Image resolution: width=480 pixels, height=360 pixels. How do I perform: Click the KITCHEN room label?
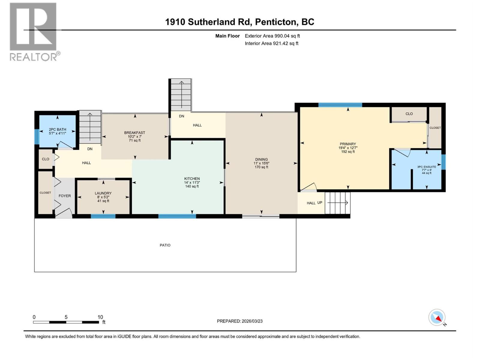tap(192, 179)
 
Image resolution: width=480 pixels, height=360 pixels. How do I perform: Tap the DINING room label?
tap(261, 160)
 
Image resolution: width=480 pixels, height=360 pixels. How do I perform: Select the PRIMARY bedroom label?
tap(348, 144)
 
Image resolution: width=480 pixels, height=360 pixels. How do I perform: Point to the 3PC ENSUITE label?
tap(427, 167)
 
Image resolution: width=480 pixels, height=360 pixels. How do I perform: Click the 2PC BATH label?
tap(57, 130)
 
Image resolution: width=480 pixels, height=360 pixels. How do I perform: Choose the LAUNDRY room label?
tap(103, 193)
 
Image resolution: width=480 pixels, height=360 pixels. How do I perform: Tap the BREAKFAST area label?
tap(135, 133)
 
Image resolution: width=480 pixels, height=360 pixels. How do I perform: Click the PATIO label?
tap(165, 245)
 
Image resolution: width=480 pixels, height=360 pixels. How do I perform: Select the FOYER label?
tap(64, 196)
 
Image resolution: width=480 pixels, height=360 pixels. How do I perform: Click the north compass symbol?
tap(437, 318)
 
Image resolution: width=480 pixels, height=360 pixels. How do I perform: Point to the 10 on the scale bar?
tap(100, 317)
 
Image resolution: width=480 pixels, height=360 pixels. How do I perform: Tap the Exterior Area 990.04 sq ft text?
tap(272, 36)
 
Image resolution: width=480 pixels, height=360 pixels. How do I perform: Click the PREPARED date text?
tap(240, 321)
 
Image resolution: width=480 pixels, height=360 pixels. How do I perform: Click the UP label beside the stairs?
tap(320, 202)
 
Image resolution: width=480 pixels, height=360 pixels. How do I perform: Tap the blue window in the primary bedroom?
tap(340, 105)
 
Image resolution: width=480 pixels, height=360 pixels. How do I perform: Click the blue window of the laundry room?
tap(103, 216)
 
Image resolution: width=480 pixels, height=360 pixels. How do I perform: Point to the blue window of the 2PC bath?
tap(37, 136)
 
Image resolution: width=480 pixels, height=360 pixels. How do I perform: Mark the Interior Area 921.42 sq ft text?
tap(271, 43)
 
